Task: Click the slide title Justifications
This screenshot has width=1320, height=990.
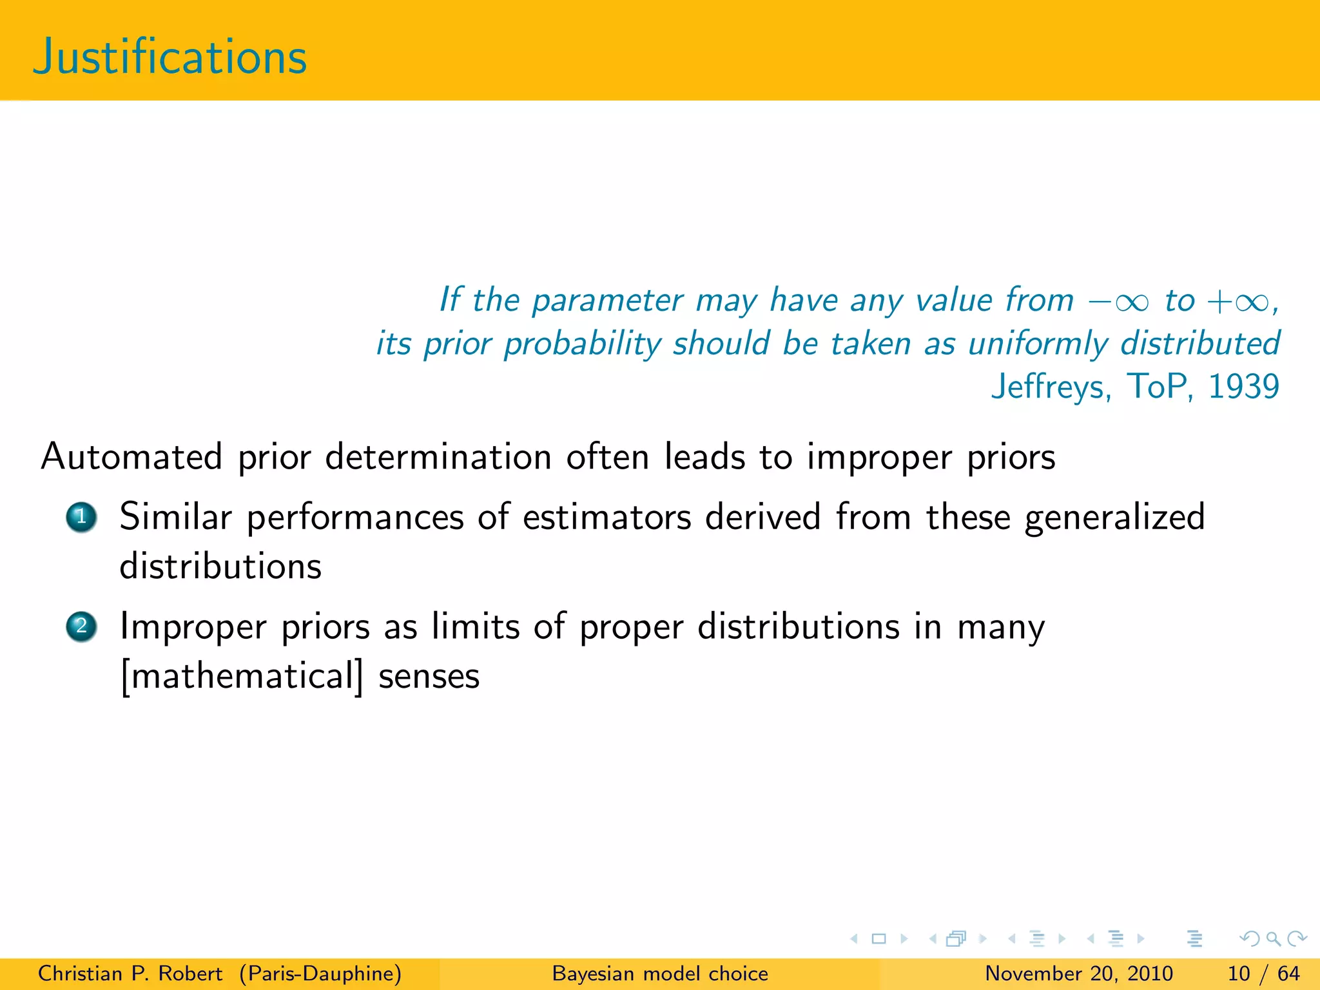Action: (x=170, y=57)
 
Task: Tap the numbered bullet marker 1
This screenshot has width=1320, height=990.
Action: (x=81, y=517)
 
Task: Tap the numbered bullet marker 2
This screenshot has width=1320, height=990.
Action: (x=81, y=626)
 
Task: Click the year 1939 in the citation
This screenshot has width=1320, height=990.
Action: (x=1243, y=387)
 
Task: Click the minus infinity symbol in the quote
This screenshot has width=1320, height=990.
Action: (x=1119, y=302)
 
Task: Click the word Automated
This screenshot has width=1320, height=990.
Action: (x=132, y=457)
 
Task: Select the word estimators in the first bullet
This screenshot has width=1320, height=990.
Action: (x=607, y=518)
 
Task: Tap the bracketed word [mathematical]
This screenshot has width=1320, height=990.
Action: (x=242, y=677)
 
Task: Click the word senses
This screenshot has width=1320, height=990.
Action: (x=429, y=677)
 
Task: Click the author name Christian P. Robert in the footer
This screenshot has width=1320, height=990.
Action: (x=130, y=973)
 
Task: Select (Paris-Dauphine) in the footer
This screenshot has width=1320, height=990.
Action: (x=320, y=973)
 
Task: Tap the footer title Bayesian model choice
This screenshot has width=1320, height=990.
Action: (x=660, y=973)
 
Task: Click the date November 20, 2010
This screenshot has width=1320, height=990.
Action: (x=1079, y=973)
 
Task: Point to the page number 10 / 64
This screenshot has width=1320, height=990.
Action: (x=1263, y=973)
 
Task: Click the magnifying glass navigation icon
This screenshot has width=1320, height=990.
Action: (x=1273, y=938)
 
